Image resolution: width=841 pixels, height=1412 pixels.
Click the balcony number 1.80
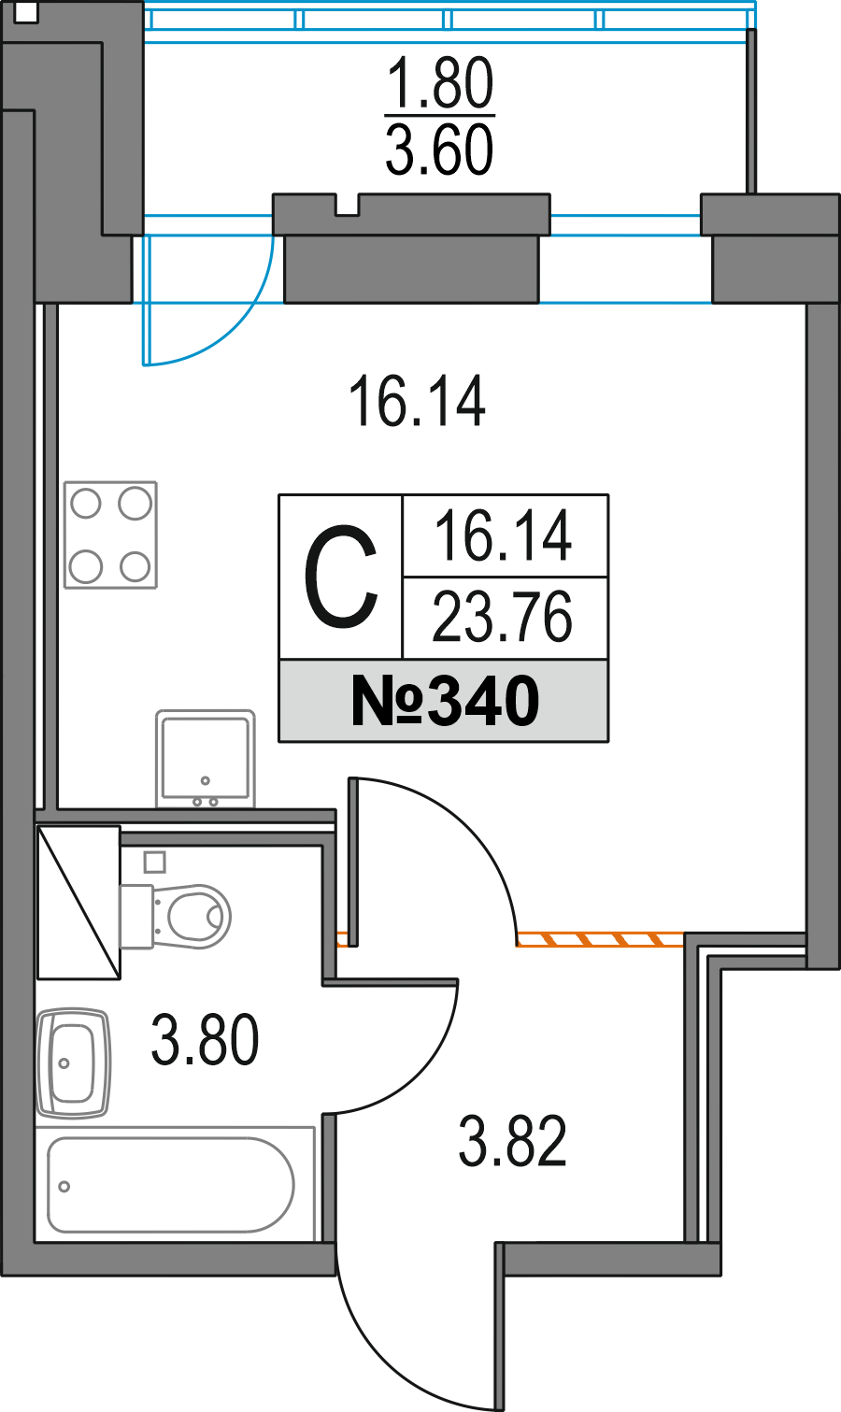pos(439,84)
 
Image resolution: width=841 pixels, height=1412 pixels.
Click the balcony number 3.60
pos(439,150)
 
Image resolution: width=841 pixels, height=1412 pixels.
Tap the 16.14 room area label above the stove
pos(417,402)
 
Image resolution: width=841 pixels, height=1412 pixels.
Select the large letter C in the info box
pos(341,578)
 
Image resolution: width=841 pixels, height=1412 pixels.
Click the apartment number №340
pos(445,702)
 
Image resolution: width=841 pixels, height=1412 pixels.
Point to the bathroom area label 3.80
pos(205,1041)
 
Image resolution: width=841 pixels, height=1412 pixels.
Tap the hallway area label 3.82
pos(513,1143)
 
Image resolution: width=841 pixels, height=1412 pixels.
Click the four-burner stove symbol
pos(110,535)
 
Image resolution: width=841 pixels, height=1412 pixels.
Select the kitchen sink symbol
pos(205,757)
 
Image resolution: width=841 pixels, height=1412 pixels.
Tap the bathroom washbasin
pos(73,1063)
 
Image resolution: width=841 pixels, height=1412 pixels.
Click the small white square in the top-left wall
pos(26,14)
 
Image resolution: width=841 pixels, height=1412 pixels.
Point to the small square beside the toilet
pos(155,861)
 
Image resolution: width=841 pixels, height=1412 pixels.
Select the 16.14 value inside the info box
pos(503,537)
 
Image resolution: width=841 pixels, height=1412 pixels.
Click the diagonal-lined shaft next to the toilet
pos(78,902)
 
